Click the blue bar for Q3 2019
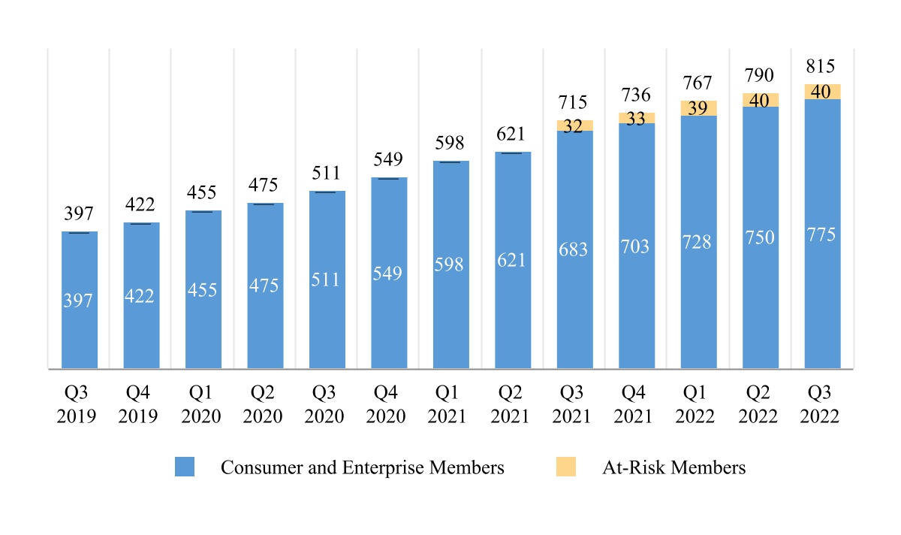pos(79,301)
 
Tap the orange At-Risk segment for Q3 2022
pos(822,91)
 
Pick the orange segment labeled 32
pos(574,125)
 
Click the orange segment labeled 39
pos(698,108)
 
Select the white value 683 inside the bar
pos(574,249)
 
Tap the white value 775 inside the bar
pos(822,234)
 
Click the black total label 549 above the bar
pos(389,159)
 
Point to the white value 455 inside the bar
pos(203,290)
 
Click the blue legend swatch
pos(185,467)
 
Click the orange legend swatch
pos(565,467)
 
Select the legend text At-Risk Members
pos(673,467)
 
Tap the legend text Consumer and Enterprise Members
pos(362,467)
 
